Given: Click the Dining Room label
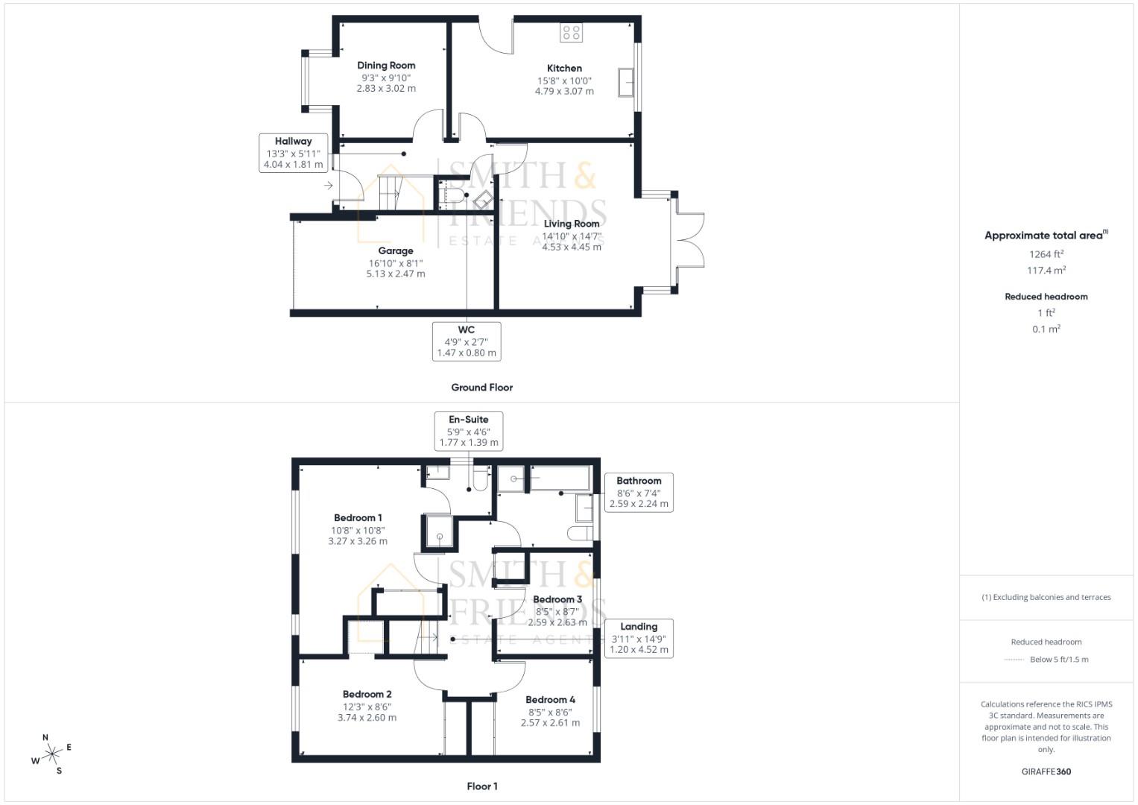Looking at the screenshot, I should coord(386,66).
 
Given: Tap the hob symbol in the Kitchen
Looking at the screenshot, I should coord(572,32).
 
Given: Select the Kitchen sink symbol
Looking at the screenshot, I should coord(625,82).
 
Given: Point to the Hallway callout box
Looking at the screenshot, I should coord(294,153).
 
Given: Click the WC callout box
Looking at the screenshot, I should coord(467,341).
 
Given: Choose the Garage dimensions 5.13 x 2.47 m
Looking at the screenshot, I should coord(396,274).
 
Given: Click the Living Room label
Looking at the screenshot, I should coord(572,224).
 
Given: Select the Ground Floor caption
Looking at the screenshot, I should coord(482,388).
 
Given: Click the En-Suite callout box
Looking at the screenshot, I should coord(469,431).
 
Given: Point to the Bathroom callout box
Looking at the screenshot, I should coord(639,493).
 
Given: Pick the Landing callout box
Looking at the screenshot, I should coord(639,638).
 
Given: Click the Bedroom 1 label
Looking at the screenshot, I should coord(358,518).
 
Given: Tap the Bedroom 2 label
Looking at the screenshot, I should coord(367,695).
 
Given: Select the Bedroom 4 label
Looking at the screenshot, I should coord(551,700).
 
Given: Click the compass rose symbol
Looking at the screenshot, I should coord(51,754).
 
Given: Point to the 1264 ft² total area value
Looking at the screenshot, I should coord(1046,254).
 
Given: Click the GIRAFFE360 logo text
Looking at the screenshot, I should coord(1046,771).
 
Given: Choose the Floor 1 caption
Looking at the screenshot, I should coord(482,786).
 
